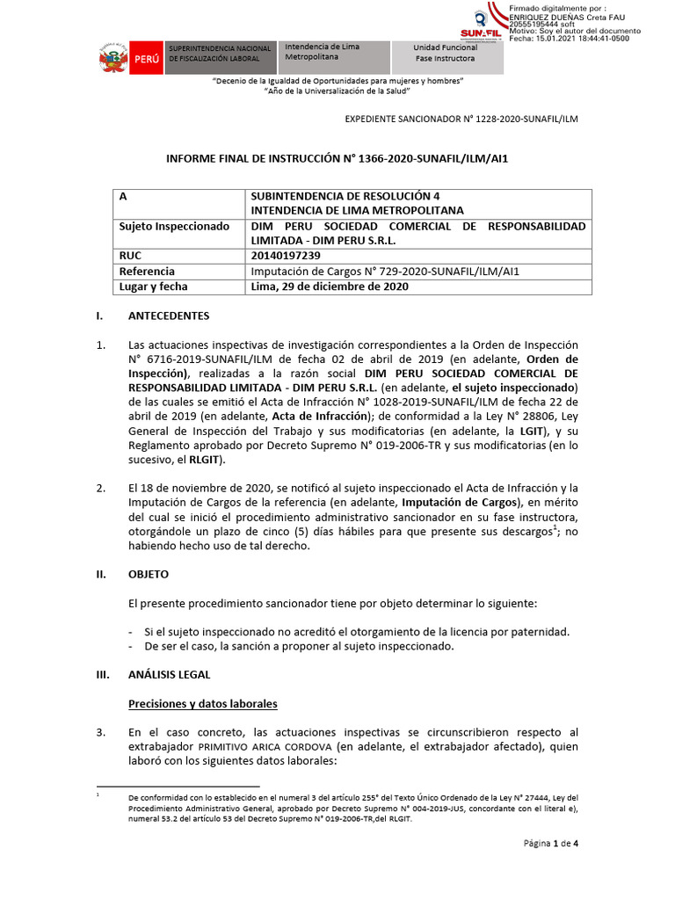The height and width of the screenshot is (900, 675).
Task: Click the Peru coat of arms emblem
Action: click(112, 58)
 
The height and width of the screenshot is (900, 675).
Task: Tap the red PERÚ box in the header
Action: click(145, 58)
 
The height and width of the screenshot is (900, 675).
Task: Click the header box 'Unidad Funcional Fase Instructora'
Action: click(446, 53)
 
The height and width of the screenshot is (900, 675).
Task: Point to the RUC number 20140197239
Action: click(291, 256)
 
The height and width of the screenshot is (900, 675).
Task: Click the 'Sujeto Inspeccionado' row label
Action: click(174, 226)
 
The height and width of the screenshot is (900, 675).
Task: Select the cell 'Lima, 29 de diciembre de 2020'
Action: click(329, 287)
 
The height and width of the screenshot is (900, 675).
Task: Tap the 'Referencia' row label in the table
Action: click(147, 272)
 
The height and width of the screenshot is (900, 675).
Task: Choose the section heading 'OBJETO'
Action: click(149, 574)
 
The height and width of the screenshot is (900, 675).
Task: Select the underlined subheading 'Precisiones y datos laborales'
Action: click(202, 704)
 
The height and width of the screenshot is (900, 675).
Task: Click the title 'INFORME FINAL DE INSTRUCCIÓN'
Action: click(337, 160)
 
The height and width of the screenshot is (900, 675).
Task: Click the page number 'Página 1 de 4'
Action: click(551, 844)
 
